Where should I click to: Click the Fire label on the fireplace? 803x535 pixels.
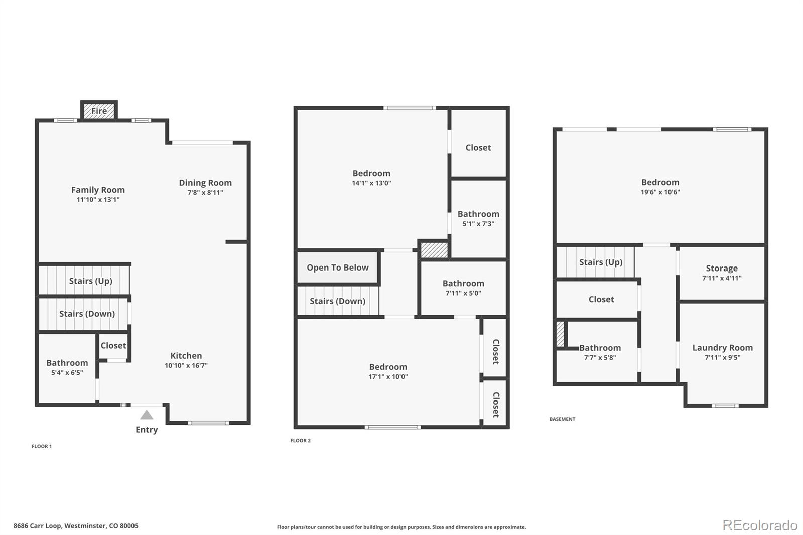tap(99, 111)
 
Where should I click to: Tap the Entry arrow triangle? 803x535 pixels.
tap(147, 415)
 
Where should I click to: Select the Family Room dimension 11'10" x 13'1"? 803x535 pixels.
tap(98, 200)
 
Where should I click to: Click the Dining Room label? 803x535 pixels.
tap(205, 183)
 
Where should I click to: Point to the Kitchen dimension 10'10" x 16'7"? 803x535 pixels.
tap(186, 366)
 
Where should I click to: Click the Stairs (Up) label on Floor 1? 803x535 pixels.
tap(90, 281)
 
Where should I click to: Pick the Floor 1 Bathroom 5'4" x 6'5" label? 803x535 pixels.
tap(67, 363)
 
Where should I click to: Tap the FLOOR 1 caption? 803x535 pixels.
tap(42, 446)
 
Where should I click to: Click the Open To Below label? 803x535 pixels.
tap(338, 267)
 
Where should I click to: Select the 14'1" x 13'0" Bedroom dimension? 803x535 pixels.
tap(371, 183)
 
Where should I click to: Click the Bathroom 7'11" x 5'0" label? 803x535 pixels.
tap(463, 284)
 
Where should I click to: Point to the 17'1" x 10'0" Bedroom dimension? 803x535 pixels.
tap(388, 377)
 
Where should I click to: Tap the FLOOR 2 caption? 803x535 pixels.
tap(300, 441)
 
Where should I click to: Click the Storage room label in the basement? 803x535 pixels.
tap(722, 268)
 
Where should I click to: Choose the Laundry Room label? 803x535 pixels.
tap(722, 348)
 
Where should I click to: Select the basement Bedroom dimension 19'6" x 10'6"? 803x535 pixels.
tap(660, 192)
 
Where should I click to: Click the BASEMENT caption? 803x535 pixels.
tap(562, 419)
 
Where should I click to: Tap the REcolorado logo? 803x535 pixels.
tap(760, 525)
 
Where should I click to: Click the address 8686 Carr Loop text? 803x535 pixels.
tap(76, 526)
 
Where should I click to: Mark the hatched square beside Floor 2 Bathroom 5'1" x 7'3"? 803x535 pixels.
tap(434, 250)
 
